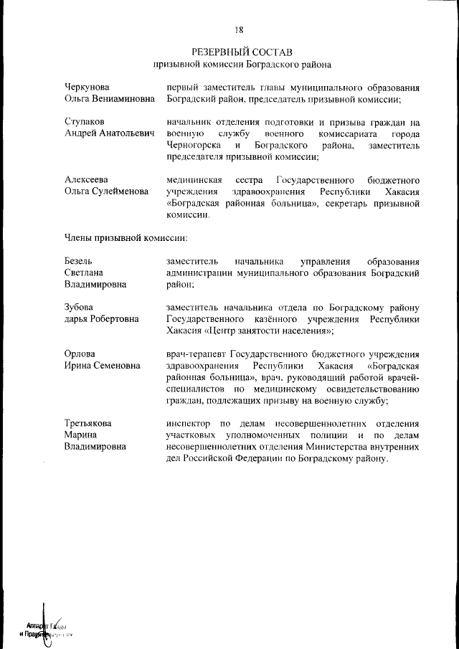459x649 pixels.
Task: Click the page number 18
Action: pyautogui.click(x=239, y=30)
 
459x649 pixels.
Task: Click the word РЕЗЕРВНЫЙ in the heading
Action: pyautogui.click(x=219, y=52)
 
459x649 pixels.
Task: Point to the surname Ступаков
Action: pyautogui.click(x=85, y=123)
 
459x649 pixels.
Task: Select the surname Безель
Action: pyautogui.click(x=78, y=261)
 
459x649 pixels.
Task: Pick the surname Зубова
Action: pyautogui.click(x=79, y=308)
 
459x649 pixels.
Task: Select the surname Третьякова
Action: pyautogui.click(x=88, y=423)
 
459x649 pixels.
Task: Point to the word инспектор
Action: pyautogui.click(x=188, y=423)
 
